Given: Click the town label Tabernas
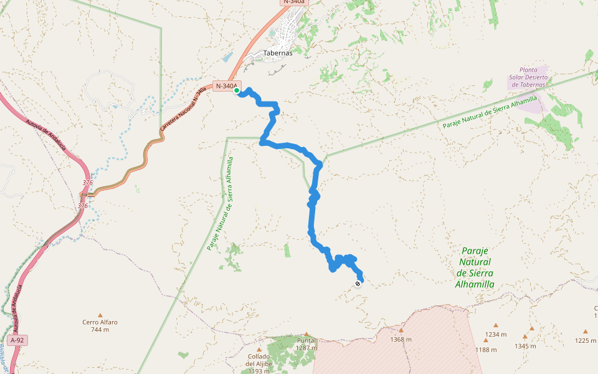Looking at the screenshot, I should [x=278, y=53].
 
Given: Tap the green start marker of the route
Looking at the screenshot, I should [x=237, y=90].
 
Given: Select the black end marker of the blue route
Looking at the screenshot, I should [x=358, y=284].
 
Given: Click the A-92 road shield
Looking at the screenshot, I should [x=18, y=340].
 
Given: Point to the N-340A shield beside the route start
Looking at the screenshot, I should [x=226, y=85].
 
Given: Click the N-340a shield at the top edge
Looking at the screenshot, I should [x=294, y=2].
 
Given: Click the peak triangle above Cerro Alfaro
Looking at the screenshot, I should [x=100, y=315].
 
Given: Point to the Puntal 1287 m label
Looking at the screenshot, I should [x=306, y=344].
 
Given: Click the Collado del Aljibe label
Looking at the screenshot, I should [x=258, y=364].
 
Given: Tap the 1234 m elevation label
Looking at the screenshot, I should [x=496, y=335].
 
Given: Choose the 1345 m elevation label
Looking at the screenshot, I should [x=525, y=346].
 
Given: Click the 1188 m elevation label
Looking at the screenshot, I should [x=486, y=350].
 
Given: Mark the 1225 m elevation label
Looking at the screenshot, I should [x=586, y=340].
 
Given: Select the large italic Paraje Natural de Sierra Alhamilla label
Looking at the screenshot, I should [x=475, y=267].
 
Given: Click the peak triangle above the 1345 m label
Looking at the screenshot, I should [x=532, y=328].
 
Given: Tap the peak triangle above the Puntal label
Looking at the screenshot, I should [x=306, y=334].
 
